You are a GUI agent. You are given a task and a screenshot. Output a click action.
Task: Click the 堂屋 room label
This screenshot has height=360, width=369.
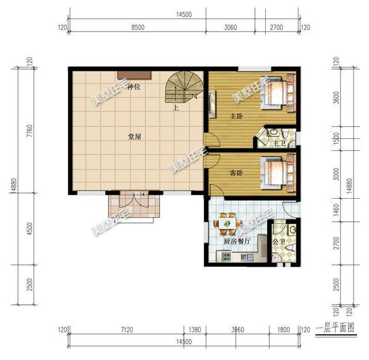click(135, 137)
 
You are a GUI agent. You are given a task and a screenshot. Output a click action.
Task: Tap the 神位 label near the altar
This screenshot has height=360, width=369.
click(134, 86)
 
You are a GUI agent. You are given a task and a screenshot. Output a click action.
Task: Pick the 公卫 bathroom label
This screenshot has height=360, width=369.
click(280, 241)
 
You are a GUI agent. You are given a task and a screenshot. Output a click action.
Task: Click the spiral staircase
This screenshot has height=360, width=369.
click(183, 89)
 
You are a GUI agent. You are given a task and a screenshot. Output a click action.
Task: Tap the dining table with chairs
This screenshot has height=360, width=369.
click(225, 221)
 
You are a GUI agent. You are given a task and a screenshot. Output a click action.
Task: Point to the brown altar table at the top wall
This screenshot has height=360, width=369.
click(134, 74)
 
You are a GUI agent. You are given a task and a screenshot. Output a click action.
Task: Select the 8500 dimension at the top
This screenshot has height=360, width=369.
click(138, 27)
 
